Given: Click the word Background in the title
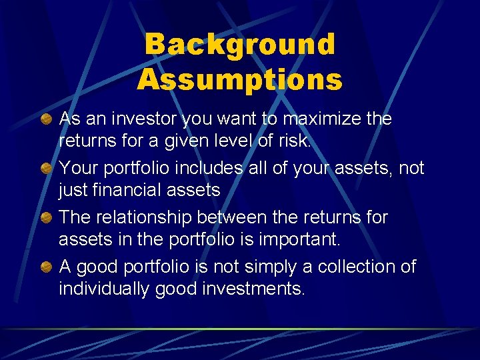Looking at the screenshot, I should (239, 45).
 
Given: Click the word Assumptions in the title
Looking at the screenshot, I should (239, 80).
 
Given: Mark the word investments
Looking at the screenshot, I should (253, 289).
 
